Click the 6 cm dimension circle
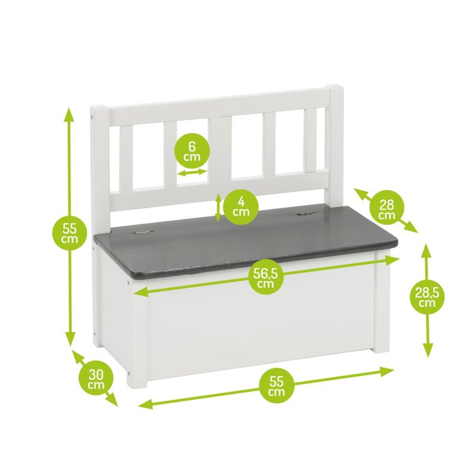tap(192, 151)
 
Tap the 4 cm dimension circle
tap(241, 206)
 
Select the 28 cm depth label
tap(386, 209)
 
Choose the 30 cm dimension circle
tap(96, 380)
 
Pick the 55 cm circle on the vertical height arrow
tap(70, 233)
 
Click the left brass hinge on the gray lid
tap(142, 232)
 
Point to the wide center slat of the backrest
tap(220, 149)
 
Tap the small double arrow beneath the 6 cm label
tap(192, 173)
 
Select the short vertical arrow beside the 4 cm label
tap(218, 208)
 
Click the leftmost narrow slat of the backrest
tap(126, 158)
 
